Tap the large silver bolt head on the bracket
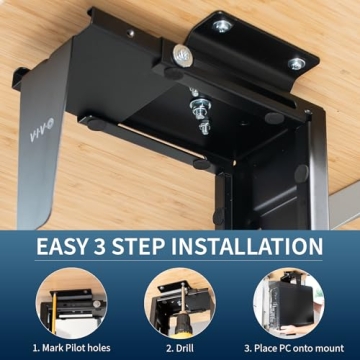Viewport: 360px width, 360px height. pyautogui.click(x=183, y=55)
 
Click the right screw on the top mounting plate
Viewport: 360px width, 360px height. pyautogui.click(x=296, y=64)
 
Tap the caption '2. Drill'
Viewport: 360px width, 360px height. pyautogui.click(x=180, y=347)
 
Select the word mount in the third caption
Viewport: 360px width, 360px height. pyautogui.click(x=331, y=347)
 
